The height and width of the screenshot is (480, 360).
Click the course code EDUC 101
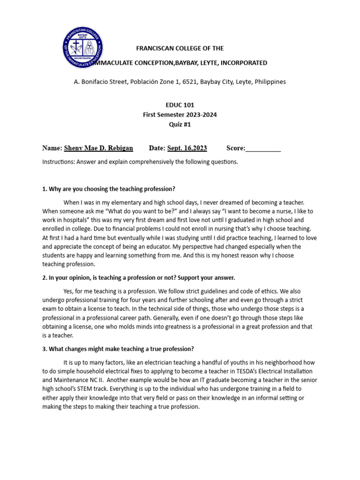coord(180,105)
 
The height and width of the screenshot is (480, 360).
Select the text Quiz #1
coord(180,125)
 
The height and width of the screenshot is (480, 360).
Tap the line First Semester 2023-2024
coord(180,115)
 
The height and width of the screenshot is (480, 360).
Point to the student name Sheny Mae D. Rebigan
coord(98,148)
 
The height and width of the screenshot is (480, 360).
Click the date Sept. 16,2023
coord(187,148)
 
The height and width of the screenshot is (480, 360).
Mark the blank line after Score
coord(263,149)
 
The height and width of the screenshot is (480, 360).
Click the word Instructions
coord(58,162)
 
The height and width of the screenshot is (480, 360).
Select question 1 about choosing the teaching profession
coord(109,189)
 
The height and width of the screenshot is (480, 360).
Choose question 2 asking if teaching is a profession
coord(138,277)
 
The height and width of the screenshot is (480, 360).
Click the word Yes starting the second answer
coord(69,291)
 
